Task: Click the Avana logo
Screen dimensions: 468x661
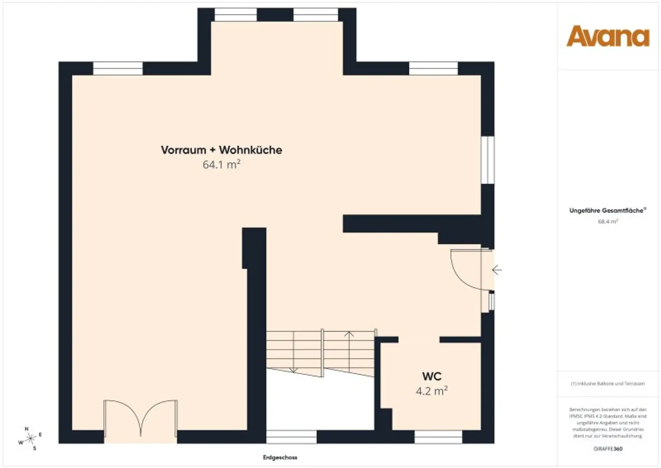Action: (608, 36)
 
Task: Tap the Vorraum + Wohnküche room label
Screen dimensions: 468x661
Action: (221, 150)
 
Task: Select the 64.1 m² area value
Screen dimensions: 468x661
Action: (221, 164)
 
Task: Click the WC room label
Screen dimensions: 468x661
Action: (432, 376)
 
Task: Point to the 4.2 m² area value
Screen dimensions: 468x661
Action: (431, 391)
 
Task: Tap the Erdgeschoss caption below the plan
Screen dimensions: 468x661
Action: (280, 457)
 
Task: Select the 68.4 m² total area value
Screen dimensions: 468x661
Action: (608, 221)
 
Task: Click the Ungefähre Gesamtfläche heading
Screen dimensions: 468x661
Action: (607, 211)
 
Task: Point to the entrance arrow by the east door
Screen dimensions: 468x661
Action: (497, 270)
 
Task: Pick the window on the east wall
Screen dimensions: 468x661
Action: (488, 160)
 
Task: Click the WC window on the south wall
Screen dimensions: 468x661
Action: (438, 437)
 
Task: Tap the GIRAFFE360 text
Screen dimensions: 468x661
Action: (608, 449)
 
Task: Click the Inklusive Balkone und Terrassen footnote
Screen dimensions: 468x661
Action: (608, 384)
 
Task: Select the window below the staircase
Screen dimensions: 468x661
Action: (291, 437)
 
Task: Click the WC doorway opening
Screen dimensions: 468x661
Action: (419, 340)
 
